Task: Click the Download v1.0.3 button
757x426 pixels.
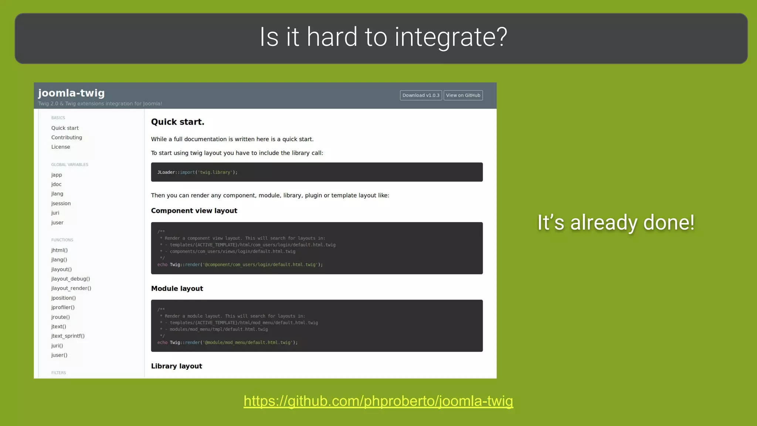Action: (x=421, y=95)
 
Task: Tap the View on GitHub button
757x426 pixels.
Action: (x=463, y=95)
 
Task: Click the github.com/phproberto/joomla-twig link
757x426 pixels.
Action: (x=378, y=401)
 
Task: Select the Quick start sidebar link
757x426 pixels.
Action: (x=65, y=128)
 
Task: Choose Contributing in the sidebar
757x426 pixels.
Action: (x=67, y=138)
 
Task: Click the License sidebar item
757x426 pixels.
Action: (x=61, y=147)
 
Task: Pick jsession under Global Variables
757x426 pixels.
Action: (x=61, y=203)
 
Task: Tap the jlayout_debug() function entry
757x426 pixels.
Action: (x=71, y=279)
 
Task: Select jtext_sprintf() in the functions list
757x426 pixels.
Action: (x=68, y=336)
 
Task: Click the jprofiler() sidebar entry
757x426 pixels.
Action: (x=63, y=307)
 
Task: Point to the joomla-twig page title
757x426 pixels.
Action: (x=71, y=93)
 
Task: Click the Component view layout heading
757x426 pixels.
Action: (x=194, y=211)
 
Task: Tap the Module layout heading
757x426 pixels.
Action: (x=177, y=288)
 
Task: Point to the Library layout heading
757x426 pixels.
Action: (x=177, y=366)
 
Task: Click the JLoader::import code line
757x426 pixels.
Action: (x=197, y=172)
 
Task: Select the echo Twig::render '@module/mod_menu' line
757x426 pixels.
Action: (x=227, y=342)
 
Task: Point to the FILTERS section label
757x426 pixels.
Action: (x=58, y=373)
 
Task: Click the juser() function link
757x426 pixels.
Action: (x=59, y=355)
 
